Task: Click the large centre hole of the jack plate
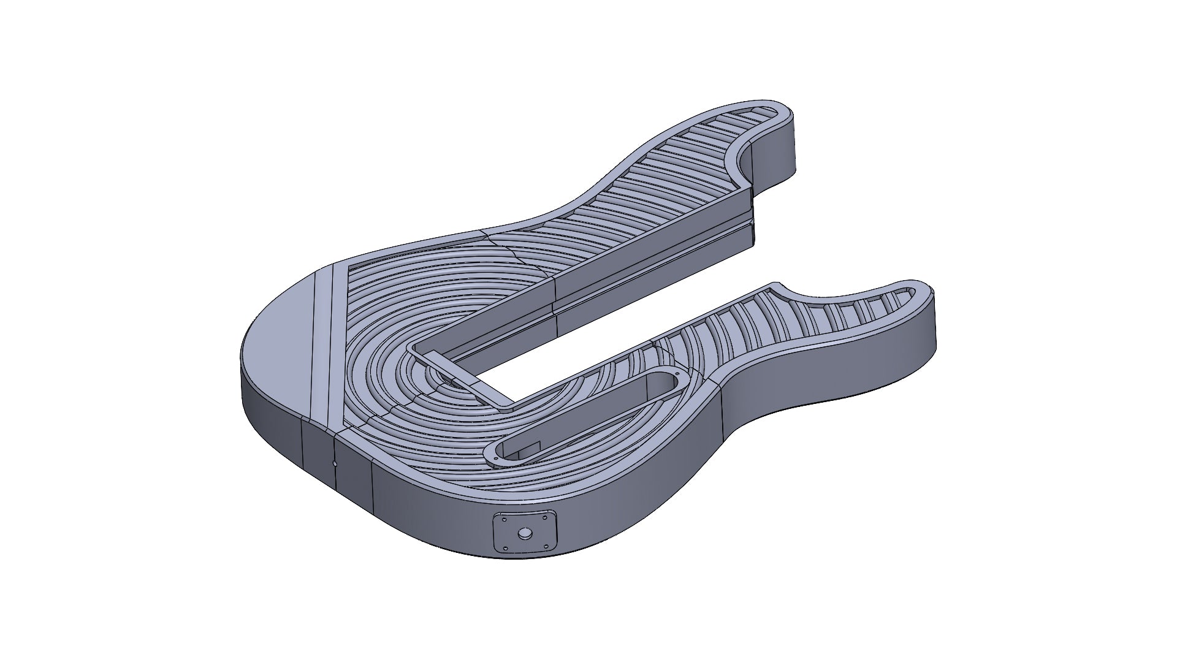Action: (x=525, y=533)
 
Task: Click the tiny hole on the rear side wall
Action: (x=335, y=464)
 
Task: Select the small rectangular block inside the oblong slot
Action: (x=530, y=450)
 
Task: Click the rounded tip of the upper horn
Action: (x=791, y=113)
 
